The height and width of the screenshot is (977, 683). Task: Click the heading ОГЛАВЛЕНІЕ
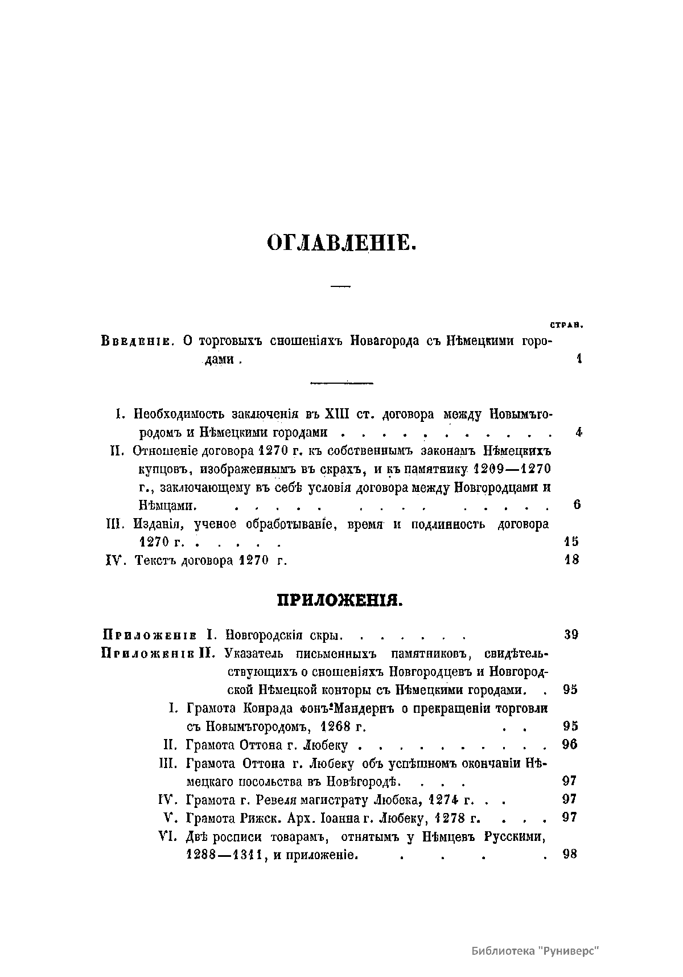pyautogui.click(x=341, y=243)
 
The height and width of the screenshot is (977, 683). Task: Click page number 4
pyautogui.click(x=578, y=432)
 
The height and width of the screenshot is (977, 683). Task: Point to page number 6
pyautogui.click(x=577, y=504)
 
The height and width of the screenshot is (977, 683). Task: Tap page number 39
pyautogui.click(x=571, y=635)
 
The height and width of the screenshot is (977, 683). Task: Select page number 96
pyautogui.click(x=570, y=744)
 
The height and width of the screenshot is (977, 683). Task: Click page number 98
pyautogui.click(x=570, y=854)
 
